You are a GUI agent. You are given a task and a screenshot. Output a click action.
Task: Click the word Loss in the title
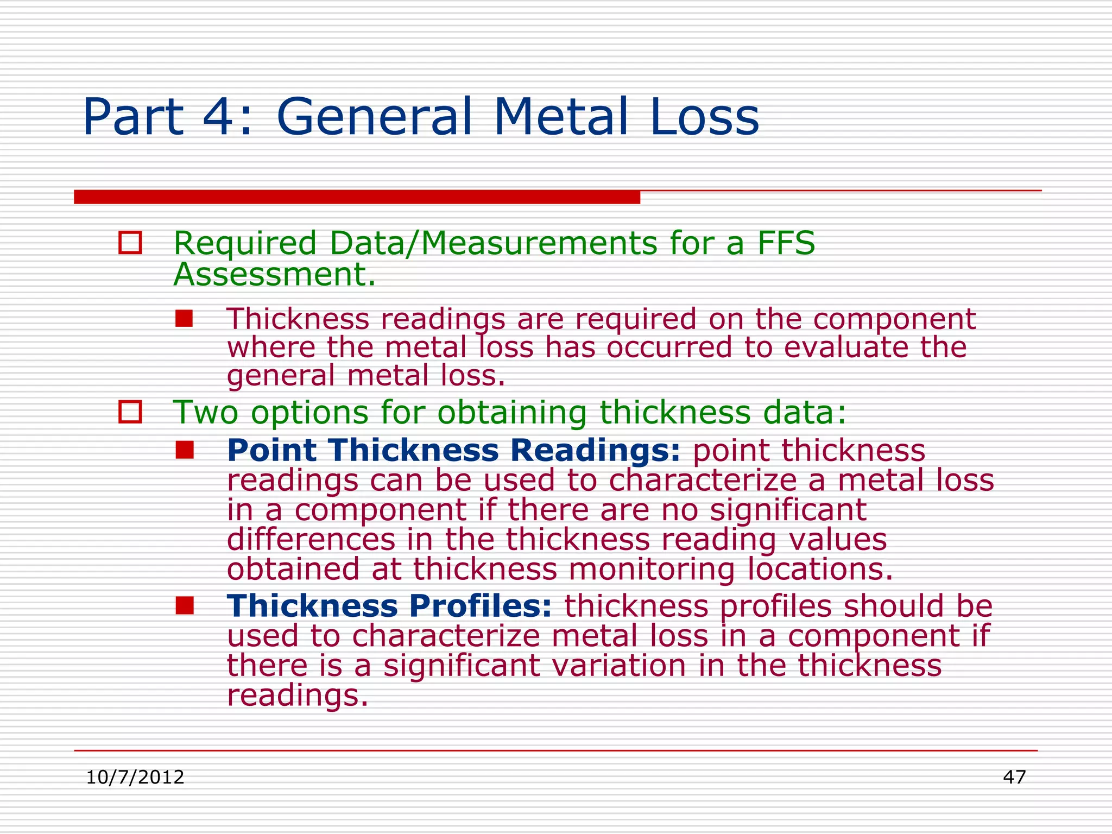[x=704, y=117]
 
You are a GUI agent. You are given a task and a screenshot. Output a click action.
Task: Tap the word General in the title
[x=374, y=117]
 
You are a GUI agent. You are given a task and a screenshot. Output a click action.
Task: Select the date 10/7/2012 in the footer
[x=135, y=778]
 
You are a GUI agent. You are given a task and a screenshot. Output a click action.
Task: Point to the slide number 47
[x=1014, y=778]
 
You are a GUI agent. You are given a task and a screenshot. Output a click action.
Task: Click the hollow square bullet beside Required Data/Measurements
[x=130, y=243]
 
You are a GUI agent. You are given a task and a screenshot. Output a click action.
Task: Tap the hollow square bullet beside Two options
[x=130, y=412]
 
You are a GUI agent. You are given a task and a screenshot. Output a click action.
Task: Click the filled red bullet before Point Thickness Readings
[x=185, y=450]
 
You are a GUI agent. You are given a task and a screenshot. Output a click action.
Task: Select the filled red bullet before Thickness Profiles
[x=185, y=605]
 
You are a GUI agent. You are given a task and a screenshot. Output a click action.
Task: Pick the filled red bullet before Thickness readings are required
[x=184, y=318]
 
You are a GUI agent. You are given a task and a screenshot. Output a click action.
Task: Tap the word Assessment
[x=274, y=275]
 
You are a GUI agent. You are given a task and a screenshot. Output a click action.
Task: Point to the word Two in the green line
[x=205, y=412]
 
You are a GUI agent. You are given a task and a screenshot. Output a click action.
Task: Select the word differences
[x=311, y=540]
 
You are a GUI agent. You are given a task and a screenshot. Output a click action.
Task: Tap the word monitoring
[x=652, y=569]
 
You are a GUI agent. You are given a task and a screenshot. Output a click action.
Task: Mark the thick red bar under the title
[x=357, y=197]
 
